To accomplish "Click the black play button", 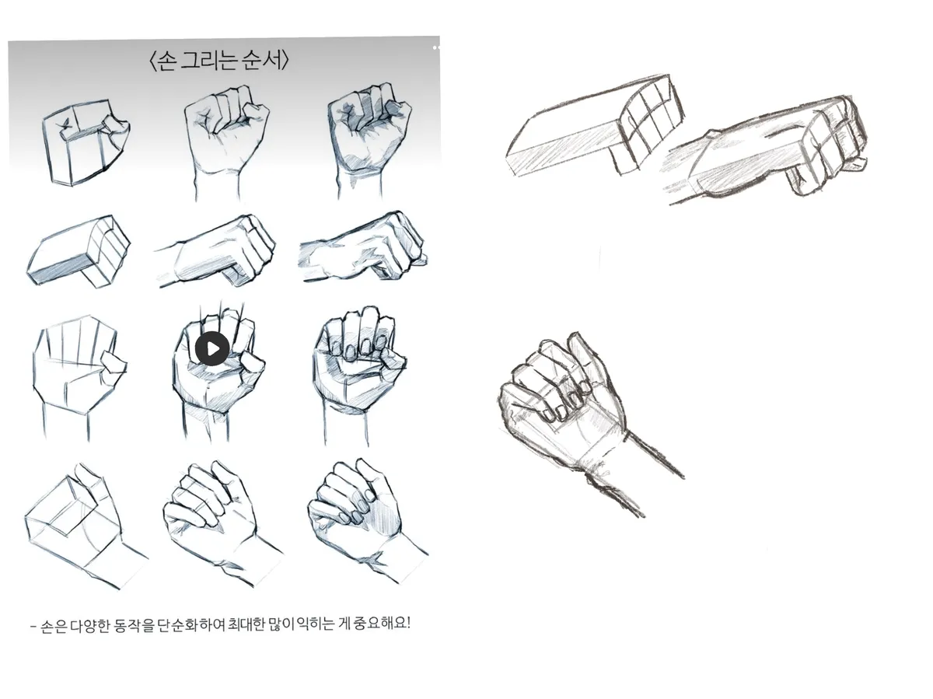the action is pos(212,349).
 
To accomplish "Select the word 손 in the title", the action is pos(166,61).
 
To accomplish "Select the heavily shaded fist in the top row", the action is pos(369,140).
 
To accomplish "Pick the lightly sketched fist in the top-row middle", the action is pos(226,142).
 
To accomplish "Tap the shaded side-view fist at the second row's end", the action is pos(363,246).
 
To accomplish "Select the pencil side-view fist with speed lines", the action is pos(765,149).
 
